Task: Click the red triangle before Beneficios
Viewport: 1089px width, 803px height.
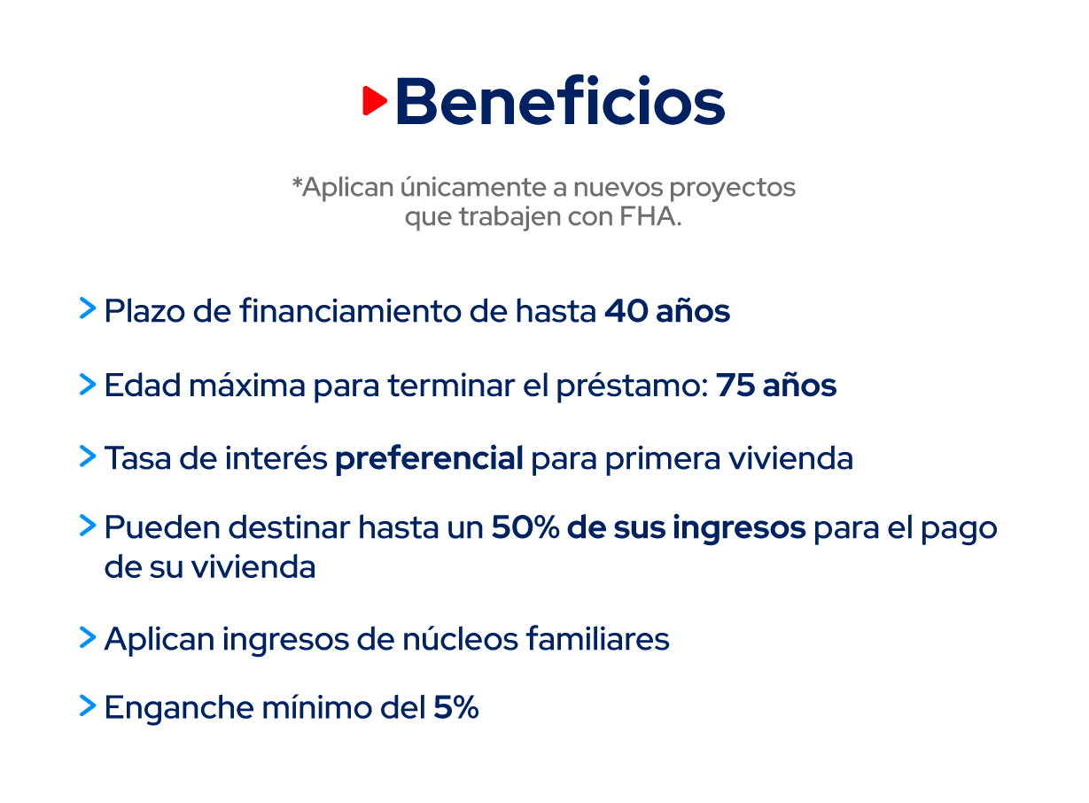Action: pyautogui.click(x=374, y=101)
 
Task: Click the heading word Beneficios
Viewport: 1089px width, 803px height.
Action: pyautogui.click(x=561, y=101)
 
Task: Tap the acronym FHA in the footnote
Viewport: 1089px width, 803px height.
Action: pyautogui.click(x=648, y=216)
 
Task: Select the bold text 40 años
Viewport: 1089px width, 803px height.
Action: pyautogui.click(x=667, y=311)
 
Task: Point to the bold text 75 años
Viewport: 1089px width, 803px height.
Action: pyautogui.click(x=776, y=386)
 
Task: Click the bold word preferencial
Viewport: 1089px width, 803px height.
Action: pyautogui.click(x=429, y=458)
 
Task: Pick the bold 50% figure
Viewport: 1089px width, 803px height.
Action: pyautogui.click(x=525, y=527)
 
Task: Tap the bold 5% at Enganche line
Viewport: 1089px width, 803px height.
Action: pyautogui.click(x=455, y=707)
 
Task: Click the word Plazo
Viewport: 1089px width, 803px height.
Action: pyautogui.click(x=144, y=311)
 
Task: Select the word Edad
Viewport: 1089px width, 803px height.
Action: pyautogui.click(x=143, y=386)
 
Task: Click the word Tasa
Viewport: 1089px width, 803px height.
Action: pyautogui.click(x=137, y=458)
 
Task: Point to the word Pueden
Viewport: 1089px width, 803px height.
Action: pyautogui.click(x=162, y=527)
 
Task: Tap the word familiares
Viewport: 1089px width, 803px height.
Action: pyautogui.click(x=598, y=638)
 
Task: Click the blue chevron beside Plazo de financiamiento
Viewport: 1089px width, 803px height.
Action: pyautogui.click(x=88, y=308)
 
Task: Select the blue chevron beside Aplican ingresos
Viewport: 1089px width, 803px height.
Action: pyautogui.click(x=88, y=637)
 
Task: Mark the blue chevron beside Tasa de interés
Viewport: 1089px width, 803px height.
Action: pyautogui.click(x=88, y=456)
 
